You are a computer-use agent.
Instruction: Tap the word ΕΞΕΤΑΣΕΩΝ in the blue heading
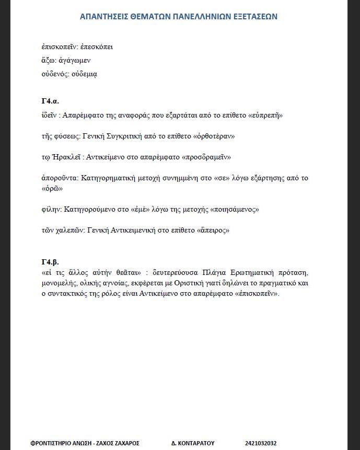[x=253, y=17]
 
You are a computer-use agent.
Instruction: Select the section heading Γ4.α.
[x=50, y=101]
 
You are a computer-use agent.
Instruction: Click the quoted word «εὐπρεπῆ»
[x=266, y=115]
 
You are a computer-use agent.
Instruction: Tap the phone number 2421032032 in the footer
[x=260, y=443]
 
